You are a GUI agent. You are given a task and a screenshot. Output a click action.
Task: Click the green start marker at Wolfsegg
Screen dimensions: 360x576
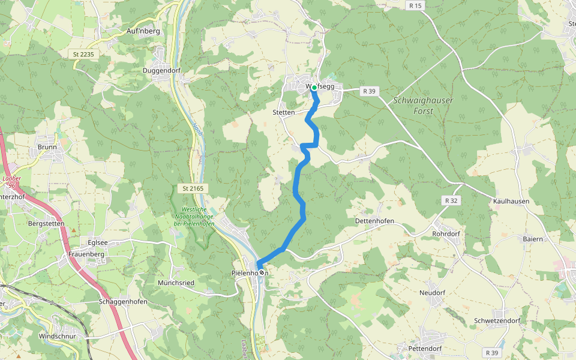(x=314, y=88)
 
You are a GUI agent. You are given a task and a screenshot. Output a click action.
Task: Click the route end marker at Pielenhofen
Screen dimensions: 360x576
(x=262, y=273)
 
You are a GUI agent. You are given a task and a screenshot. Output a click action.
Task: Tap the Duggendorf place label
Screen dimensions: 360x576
(x=161, y=70)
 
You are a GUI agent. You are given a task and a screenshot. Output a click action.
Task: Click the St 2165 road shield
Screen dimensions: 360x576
(x=193, y=188)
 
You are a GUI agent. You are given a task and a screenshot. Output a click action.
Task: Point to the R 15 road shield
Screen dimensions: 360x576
(x=414, y=5)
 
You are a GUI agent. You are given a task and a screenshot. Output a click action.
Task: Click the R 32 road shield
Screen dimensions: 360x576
(x=452, y=200)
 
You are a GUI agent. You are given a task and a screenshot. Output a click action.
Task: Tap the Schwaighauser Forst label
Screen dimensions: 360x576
(x=423, y=106)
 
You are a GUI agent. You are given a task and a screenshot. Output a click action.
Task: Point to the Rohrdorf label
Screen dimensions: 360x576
(x=445, y=233)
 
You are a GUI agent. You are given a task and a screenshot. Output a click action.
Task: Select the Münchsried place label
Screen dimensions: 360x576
(x=175, y=282)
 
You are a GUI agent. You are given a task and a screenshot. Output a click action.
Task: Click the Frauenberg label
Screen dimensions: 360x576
(x=86, y=254)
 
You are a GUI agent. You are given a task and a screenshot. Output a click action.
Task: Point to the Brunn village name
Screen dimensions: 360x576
(x=47, y=146)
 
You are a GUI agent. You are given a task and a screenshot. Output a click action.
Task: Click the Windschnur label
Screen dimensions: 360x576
(x=57, y=336)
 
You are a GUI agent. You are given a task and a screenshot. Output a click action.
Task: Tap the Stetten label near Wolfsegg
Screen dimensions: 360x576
(x=283, y=112)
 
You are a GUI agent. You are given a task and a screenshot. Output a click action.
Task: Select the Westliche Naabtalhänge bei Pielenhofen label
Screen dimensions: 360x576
(x=193, y=216)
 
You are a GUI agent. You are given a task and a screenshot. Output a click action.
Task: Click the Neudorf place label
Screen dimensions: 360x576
(x=432, y=293)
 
